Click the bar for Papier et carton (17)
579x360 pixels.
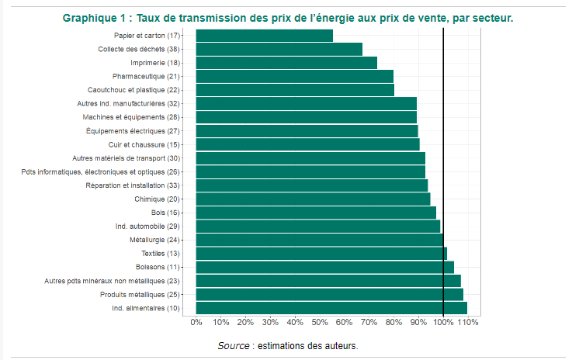pos(264,36)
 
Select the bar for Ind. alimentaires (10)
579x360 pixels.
pos(331,308)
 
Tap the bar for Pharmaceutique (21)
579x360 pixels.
pos(294,76)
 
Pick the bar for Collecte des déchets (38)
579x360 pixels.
pos(279,49)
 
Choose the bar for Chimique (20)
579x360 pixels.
pos(313,199)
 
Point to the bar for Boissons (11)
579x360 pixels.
pos(324,267)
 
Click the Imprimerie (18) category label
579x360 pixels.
pos(155,63)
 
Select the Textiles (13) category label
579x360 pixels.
pos(161,254)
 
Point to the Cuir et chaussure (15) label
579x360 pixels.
pos(144,144)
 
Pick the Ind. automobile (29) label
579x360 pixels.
pos(147,227)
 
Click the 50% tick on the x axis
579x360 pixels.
pos(320,322)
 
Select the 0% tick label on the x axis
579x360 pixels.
pos(196,322)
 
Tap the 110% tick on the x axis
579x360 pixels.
pos(468,322)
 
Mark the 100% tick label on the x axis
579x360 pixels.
pos(443,322)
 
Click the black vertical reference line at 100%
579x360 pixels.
pos(443,171)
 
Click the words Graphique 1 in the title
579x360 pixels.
pos(95,17)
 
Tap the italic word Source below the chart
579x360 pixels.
pos(234,345)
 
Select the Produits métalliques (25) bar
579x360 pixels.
pos(329,294)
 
